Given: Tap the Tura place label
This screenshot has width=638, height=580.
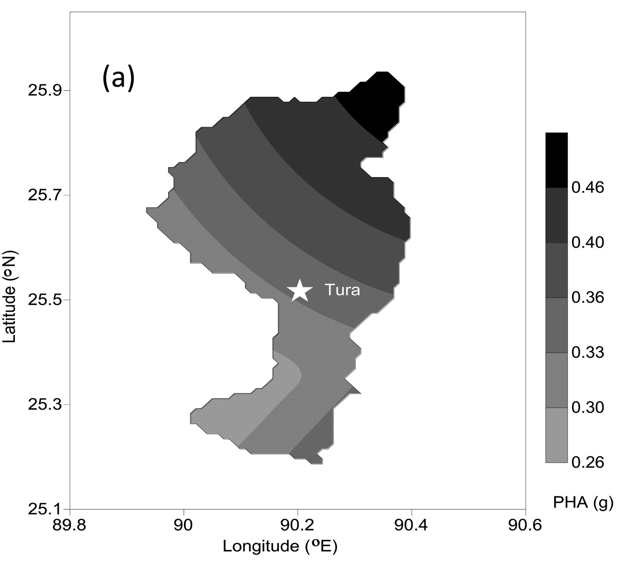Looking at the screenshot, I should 342,290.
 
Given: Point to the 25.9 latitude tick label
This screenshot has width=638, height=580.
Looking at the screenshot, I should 44,90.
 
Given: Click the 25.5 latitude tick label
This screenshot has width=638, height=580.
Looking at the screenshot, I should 44,299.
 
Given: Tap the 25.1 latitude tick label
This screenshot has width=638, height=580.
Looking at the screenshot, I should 44,509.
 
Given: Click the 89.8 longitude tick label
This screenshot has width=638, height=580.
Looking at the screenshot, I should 70,525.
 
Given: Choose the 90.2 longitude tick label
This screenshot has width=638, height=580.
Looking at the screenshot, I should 298,525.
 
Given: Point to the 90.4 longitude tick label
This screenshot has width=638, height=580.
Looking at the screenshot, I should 412,525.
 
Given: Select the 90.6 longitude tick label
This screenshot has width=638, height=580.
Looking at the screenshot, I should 525,525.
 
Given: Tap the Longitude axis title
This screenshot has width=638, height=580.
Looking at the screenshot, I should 280,546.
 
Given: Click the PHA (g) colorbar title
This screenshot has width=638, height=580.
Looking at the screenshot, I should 583,502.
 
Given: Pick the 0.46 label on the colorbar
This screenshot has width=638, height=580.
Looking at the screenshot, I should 588,187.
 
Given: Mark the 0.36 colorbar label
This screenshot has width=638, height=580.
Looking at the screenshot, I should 588,297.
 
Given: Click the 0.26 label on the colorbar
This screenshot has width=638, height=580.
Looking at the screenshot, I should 588,462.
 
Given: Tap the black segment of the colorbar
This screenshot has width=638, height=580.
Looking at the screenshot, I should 556,160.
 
